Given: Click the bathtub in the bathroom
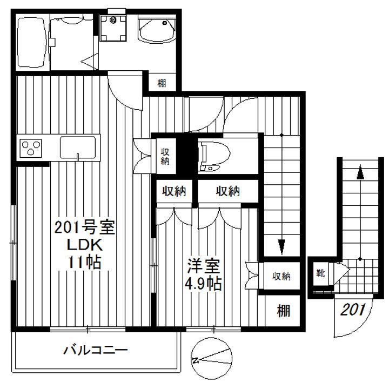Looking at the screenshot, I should click(x=31, y=41).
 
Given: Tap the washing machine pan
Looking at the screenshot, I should click(x=114, y=26).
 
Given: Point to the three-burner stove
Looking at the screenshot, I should click(x=30, y=147).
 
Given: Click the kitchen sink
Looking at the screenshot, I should click(x=78, y=147).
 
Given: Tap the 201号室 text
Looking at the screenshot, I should click(x=85, y=227).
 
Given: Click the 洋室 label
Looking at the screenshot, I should click(x=204, y=266).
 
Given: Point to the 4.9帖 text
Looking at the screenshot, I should click(x=204, y=284).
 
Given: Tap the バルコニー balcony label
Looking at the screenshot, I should click(x=96, y=351).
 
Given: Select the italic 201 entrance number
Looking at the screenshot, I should click(x=354, y=310).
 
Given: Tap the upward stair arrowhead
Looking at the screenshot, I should click(x=359, y=173).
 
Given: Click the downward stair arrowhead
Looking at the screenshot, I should click(x=281, y=246).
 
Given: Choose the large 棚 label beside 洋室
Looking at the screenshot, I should click(x=283, y=311).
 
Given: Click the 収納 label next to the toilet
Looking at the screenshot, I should click(x=165, y=156).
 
